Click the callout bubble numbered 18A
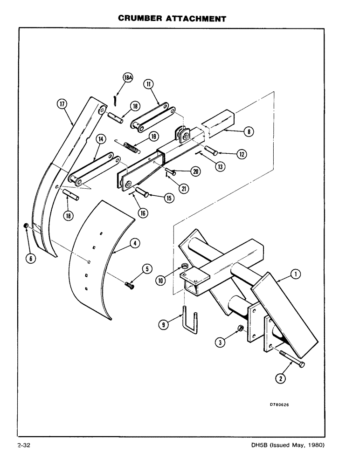coord(127,78)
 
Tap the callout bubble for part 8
coord(249,132)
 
